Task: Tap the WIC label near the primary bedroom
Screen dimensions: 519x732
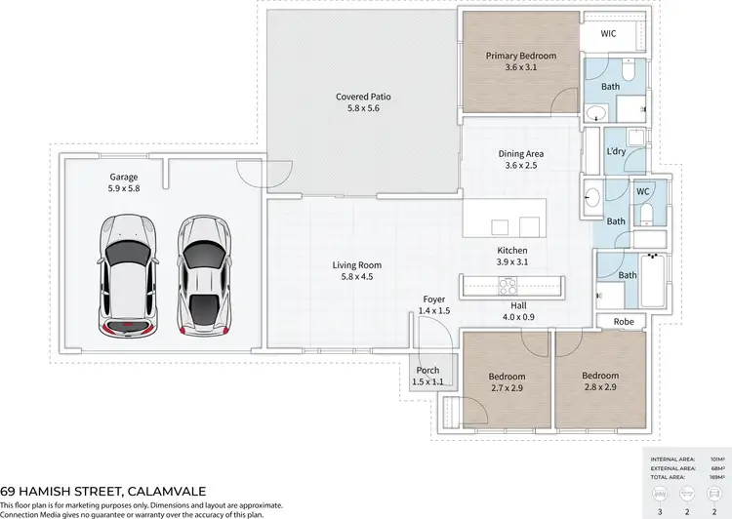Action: coord(608,33)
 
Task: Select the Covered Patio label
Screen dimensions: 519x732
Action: coord(363,102)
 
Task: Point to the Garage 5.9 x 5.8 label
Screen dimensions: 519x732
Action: coord(124,183)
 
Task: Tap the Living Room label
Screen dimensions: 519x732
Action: coord(356,270)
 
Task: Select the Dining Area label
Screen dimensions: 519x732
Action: coord(520,159)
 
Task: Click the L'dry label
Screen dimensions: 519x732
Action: coord(616,152)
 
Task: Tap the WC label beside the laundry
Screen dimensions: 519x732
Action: coord(643,191)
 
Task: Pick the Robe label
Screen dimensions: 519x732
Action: coord(625,321)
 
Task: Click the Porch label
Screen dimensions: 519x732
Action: coord(427,376)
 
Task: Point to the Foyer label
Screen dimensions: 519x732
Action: coord(434,304)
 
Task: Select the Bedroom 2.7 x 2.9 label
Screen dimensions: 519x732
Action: coord(508,382)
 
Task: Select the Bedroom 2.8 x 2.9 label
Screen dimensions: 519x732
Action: coord(600,381)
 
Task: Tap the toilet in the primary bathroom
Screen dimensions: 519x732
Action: coord(629,71)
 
